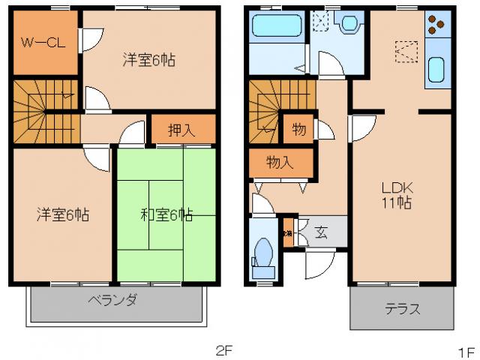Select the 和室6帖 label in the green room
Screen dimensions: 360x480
click(166, 215)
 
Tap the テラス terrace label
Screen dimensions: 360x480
click(402, 308)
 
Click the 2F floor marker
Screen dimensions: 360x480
click(225, 349)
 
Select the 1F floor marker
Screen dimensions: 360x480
click(466, 349)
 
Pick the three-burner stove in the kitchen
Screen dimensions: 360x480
click(436, 27)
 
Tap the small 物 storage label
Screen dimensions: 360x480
click(298, 129)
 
